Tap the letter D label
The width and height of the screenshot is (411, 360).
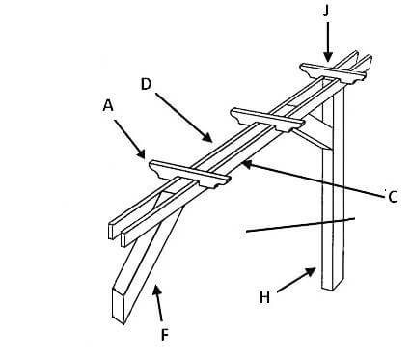click(146, 84)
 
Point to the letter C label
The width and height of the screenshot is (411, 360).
click(393, 198)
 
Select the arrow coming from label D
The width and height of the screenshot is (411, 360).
click(183, 119)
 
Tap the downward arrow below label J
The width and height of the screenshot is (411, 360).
click(327, 43)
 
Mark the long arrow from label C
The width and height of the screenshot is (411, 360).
click(309, 180)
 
